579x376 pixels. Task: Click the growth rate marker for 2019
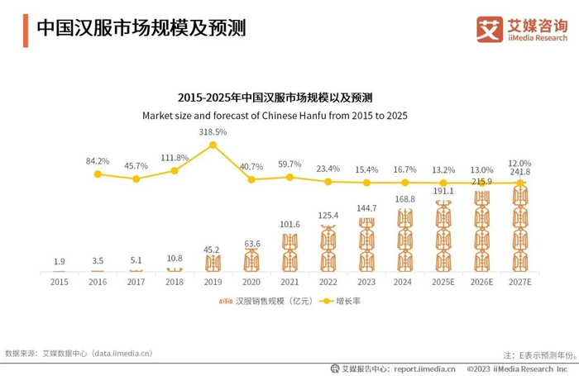tap(213, 145)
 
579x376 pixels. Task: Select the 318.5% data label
tap(213, 132)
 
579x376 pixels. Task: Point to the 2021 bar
tap(290, 252)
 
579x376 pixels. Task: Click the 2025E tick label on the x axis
tap(444, 282)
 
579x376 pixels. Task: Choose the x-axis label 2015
tap(59, 282)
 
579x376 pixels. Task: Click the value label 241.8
tap(520, 172)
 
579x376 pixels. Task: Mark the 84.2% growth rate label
tap(98, 161)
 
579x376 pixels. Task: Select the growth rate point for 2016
tap(98, 174)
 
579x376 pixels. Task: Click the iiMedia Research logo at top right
tap(522, 29)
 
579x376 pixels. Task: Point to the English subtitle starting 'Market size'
tap(275, 116)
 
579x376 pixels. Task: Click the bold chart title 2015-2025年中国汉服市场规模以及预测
tap(275, 97)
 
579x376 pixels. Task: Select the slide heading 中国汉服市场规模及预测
tap(141, 28)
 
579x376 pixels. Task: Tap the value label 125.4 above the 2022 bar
tap(328, 216)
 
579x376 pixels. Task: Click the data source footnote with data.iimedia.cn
tap(79, 353)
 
